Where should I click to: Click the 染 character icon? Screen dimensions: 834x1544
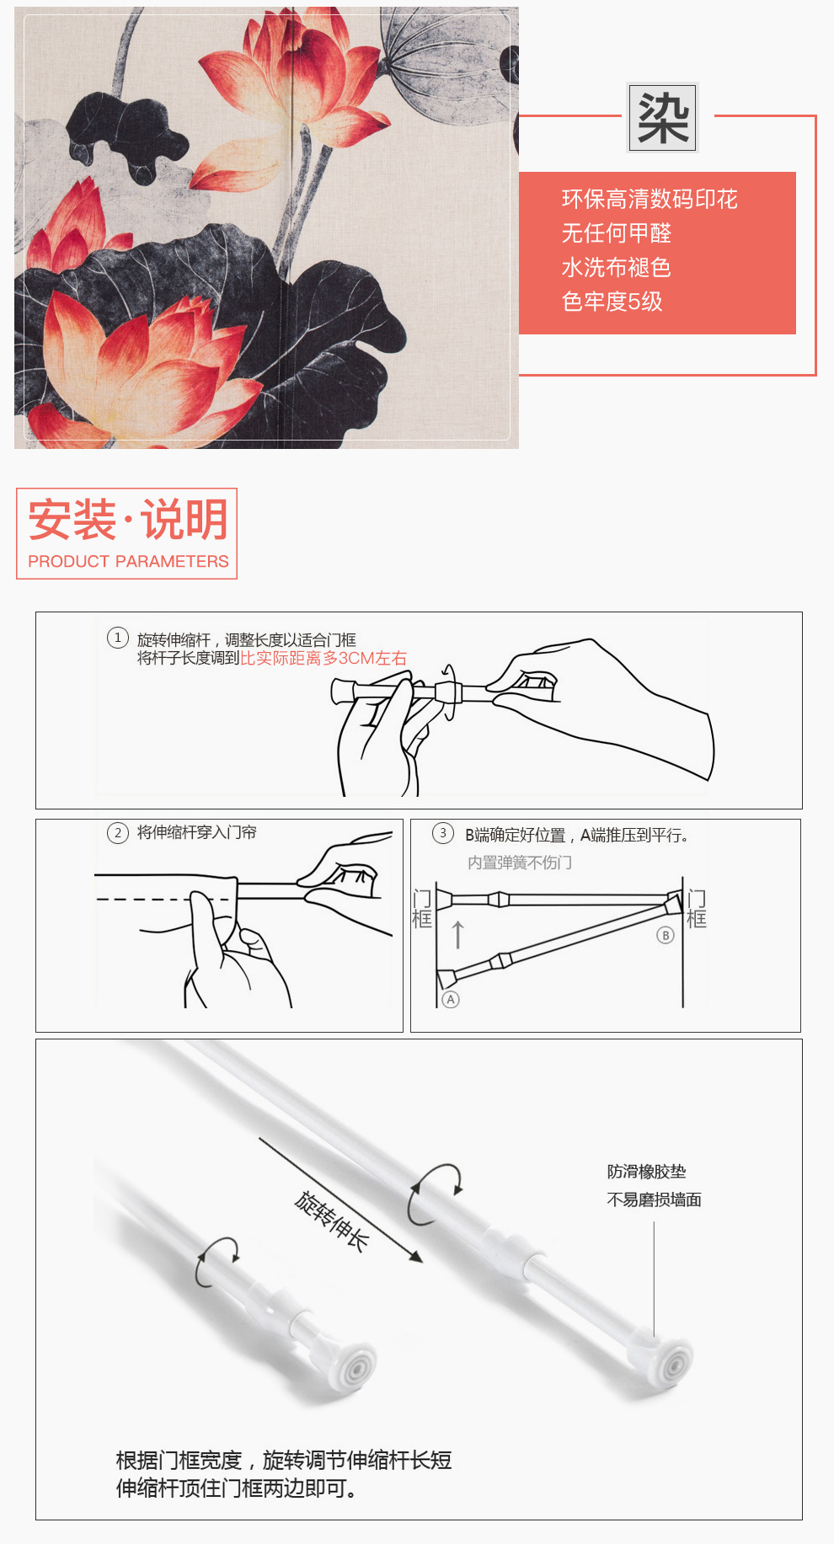[x=663, y=117]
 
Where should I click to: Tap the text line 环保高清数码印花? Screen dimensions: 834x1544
[x=650, y=199]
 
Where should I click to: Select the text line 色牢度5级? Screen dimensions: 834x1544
[x=612, y=302]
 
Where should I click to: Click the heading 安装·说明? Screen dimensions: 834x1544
[x=128, y=520]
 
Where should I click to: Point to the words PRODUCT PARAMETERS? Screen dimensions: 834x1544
[x=128, y=561]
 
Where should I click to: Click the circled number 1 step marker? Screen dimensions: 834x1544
[x=117, y=638]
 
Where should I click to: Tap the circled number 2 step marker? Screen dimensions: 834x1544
[x=117, y=833]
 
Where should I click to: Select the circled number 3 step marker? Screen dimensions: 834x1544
[x=443, y=833]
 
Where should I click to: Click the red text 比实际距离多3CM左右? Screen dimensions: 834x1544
[x=323, y=658]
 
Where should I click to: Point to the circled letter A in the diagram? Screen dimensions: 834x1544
[x=451, y=1000]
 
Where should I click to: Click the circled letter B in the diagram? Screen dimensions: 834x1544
[x=666, y=935]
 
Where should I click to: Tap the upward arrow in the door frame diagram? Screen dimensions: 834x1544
[x=458, y=934]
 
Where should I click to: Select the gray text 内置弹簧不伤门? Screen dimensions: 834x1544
[x=520, y=863]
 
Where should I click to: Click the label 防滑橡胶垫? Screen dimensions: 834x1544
[x=647, y=1172]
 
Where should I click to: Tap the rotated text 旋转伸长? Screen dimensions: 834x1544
[x=332, y=1221]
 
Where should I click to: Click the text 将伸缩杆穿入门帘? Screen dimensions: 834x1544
[x=197, y=832]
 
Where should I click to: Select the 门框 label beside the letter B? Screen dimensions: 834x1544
[x=697, y=909]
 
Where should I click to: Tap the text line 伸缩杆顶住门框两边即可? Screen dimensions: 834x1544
[x=237, y=1488]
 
